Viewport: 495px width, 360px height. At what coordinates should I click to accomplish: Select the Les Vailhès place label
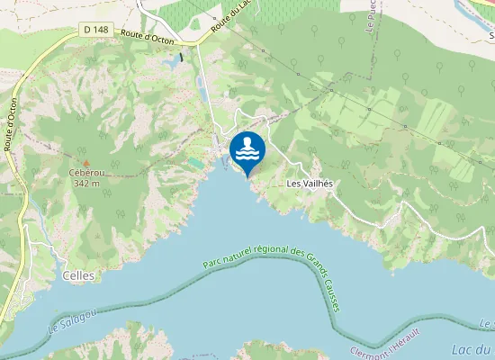coord(310,183)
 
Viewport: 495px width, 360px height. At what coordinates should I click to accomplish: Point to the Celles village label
coord(78,275)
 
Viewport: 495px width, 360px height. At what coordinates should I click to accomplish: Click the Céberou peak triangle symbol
coord(86,162)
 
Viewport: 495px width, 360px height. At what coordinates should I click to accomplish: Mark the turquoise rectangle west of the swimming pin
coord(195,163)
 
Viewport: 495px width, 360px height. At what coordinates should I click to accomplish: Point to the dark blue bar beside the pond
coord(181,58)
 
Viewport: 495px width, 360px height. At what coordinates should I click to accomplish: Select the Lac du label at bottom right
coord(472,348)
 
